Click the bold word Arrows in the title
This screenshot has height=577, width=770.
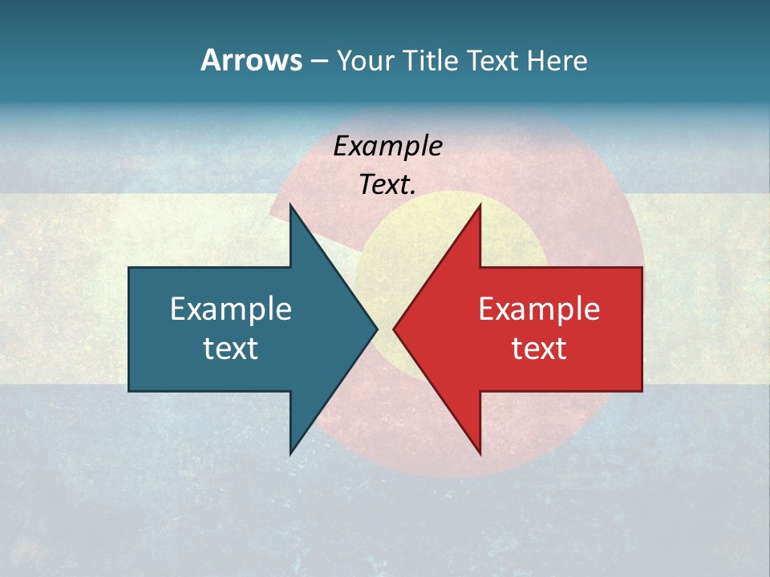(x=250, y=60)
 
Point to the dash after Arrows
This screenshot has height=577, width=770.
(x=318, y=61)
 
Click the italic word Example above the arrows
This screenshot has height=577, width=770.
(x=387, y=147)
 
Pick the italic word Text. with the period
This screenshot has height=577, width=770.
(x=387, y=185)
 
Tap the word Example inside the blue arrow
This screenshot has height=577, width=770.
(x=230, y=309)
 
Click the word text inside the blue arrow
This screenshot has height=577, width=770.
(x=230, y=348)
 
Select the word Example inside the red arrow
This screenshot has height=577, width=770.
(x=539, y=309)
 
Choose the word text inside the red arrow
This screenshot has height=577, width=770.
(x=539, y=348)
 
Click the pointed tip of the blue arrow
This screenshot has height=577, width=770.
(x=376, y=329)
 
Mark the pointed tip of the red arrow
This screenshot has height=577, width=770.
(x=395, y=329)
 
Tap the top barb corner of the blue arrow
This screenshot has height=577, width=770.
(x=290, y=206)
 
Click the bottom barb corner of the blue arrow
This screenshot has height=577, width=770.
(x=290, y=453)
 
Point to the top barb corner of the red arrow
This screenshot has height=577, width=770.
(x=480, y=206)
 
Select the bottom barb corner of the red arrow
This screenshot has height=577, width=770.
(x=480, y=453)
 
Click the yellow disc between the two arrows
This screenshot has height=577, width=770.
(x=385, y=264)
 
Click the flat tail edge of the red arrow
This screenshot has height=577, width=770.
(x=641, y=329)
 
